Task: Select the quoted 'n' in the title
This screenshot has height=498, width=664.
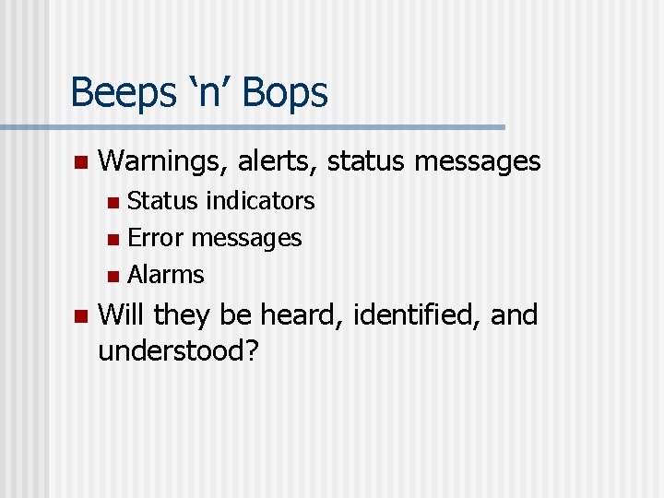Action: (x=212, y=93)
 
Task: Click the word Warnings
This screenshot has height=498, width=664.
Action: (x=162, y=162)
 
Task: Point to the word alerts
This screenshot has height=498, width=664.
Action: (x=279, y=162)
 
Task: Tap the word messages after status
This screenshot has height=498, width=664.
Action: (x=478, y=162)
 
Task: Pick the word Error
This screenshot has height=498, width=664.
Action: (x=154, y=238)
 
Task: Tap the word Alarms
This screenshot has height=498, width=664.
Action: (x=166, y=275)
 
